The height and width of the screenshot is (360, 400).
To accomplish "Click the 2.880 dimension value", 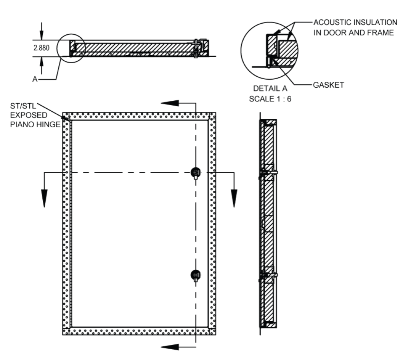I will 42,48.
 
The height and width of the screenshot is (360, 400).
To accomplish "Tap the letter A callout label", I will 35,80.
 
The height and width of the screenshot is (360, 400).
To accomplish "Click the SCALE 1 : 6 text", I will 270,99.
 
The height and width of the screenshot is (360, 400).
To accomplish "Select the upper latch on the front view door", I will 196,172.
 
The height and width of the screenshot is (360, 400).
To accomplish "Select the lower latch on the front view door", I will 196,274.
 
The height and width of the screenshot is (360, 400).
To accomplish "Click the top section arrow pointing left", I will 170,103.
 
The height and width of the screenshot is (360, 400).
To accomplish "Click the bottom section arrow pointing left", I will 170,346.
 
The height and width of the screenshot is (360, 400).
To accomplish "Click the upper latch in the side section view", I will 268,172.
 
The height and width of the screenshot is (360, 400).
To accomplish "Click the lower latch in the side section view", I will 268,275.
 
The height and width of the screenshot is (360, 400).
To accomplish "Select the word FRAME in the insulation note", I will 378,32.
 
